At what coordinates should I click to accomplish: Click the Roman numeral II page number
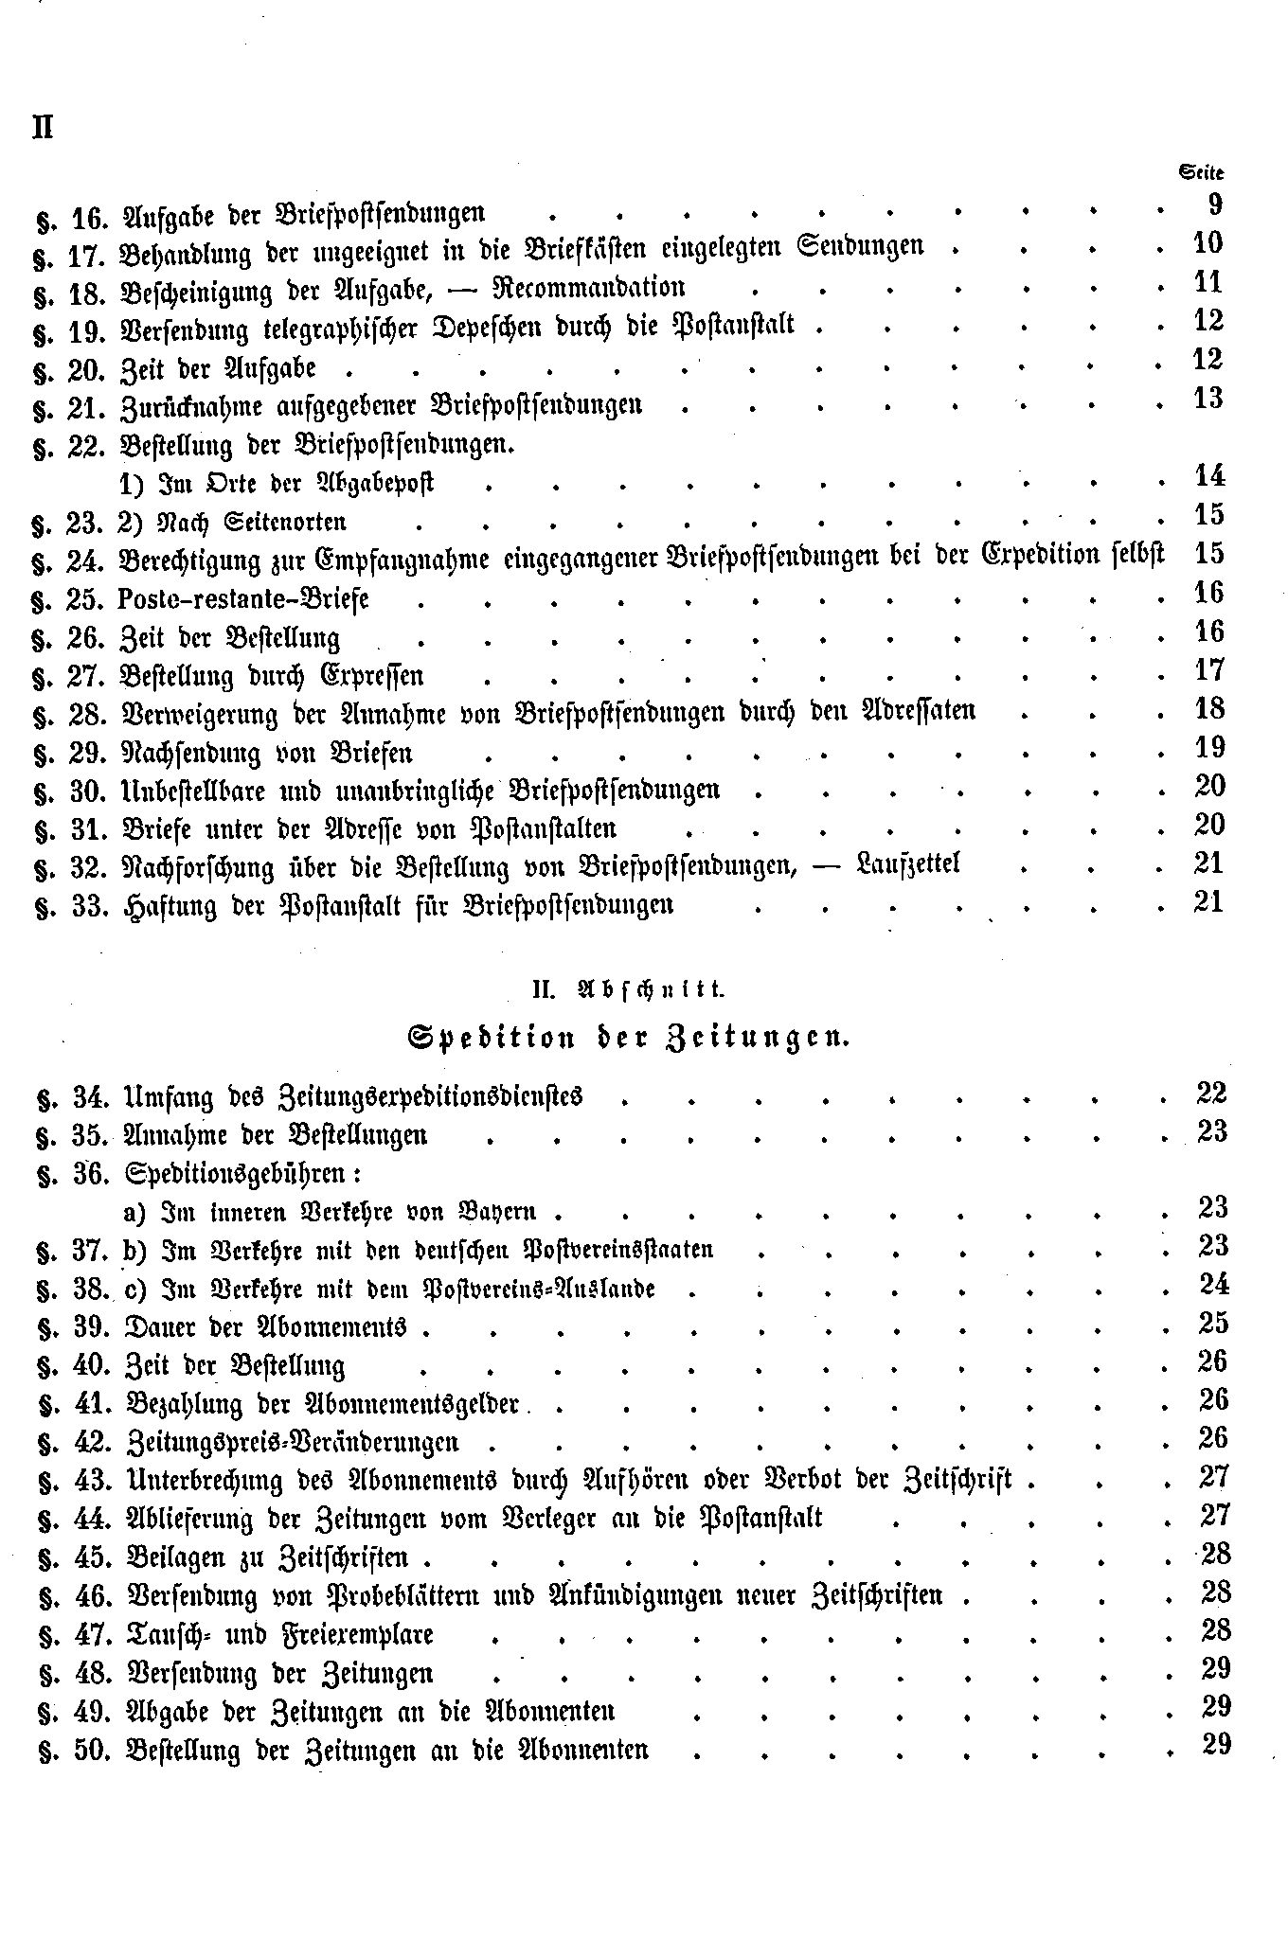[42, 127]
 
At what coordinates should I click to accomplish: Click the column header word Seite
[1200, 172]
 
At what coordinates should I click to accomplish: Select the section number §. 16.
[72, 217]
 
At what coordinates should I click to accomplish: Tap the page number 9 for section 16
[1214, 205]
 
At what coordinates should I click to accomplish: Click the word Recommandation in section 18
[594, 288]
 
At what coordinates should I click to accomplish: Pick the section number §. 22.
[72, 447]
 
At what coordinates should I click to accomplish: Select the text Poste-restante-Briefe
[244, 599]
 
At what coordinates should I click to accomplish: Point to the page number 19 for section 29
[1208, 748]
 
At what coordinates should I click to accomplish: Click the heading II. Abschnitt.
[627, 990]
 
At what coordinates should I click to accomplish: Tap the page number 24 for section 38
[1211, 1285]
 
